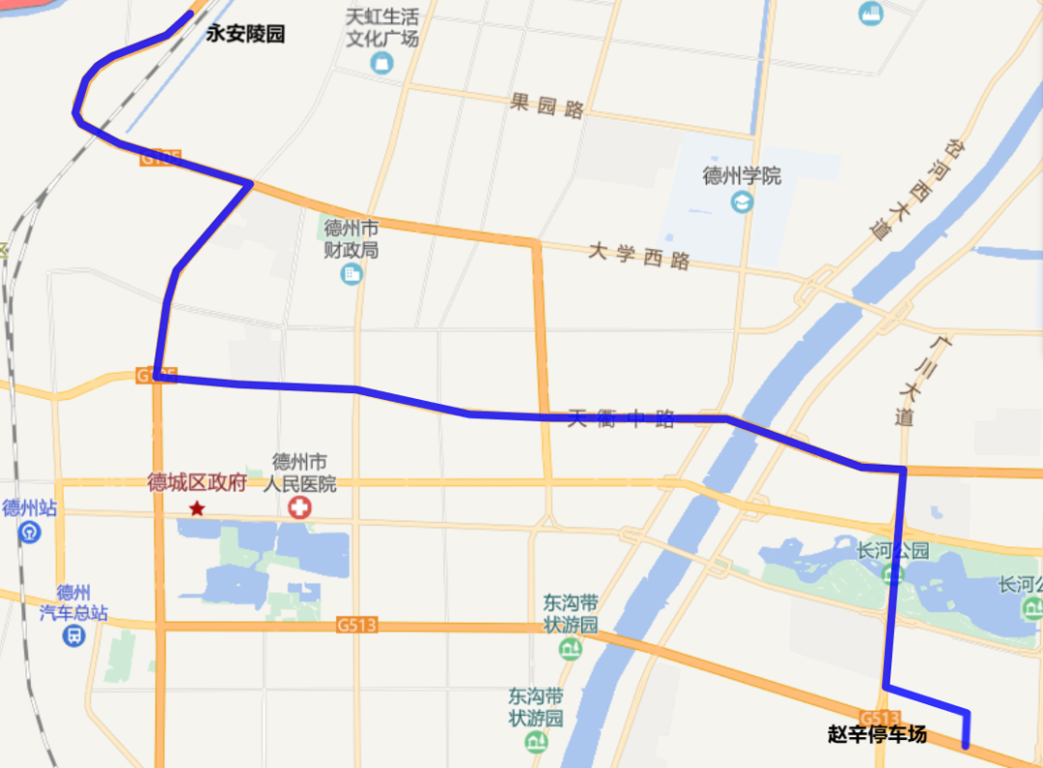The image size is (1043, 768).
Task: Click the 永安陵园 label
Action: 246,34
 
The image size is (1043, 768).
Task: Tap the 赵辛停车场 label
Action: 877,734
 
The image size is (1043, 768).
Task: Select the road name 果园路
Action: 548,105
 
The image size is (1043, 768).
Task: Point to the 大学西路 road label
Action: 640,257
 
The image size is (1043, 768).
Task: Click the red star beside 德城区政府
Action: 197,507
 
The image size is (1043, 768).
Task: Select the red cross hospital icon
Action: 300,507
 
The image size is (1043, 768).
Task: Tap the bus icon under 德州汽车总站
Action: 73,636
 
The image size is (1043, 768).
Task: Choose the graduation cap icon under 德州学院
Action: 742,202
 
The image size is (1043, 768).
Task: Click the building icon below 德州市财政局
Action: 352,274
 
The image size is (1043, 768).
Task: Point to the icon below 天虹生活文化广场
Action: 382,64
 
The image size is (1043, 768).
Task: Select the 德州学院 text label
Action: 742,176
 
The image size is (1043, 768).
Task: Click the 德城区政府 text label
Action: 197,483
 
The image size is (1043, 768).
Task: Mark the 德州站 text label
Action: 29,508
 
